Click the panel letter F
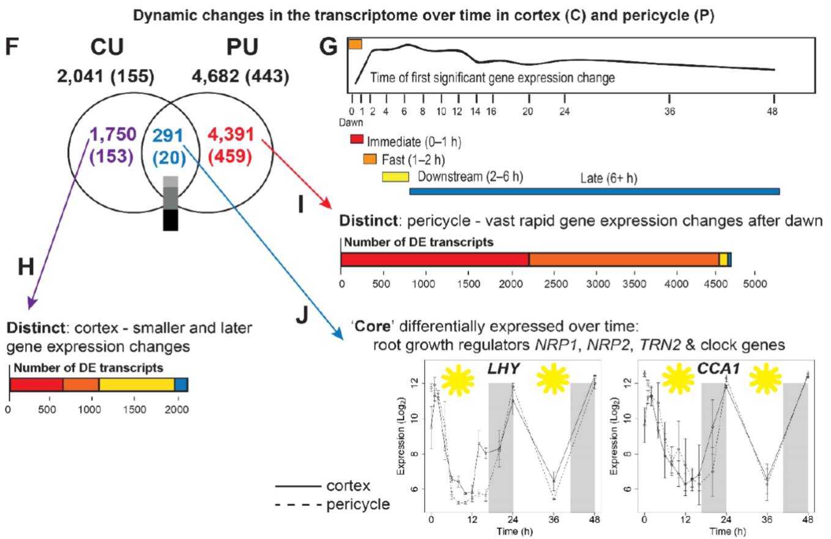tap(13, 47)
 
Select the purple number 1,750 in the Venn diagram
tap(113, 134)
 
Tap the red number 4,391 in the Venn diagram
tap(229, 134)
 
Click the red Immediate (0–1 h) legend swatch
tap(357, 141)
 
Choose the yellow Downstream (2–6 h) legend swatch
tap(395, 177)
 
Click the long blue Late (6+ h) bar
tap(594, 191)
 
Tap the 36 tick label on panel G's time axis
tap(669, 112)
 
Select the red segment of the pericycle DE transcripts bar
tap(434, 259)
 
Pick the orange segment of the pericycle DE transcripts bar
tap(624, 259)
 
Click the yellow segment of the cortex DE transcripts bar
tap(136, 384)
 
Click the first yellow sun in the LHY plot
tap(458, 380)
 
